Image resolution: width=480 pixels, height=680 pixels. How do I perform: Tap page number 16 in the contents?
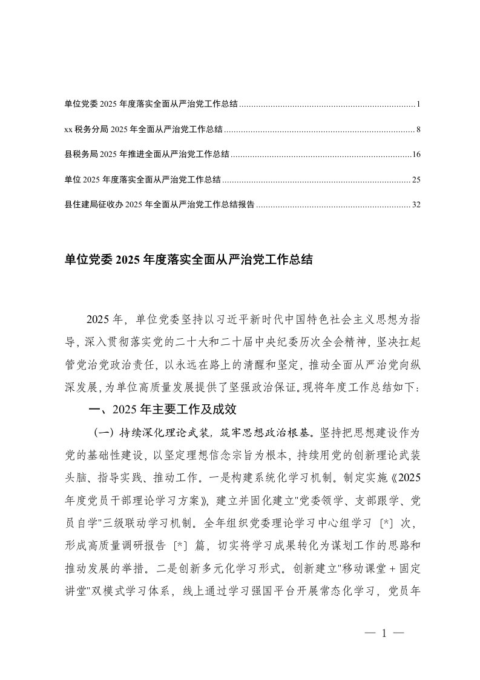click(416, 155)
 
